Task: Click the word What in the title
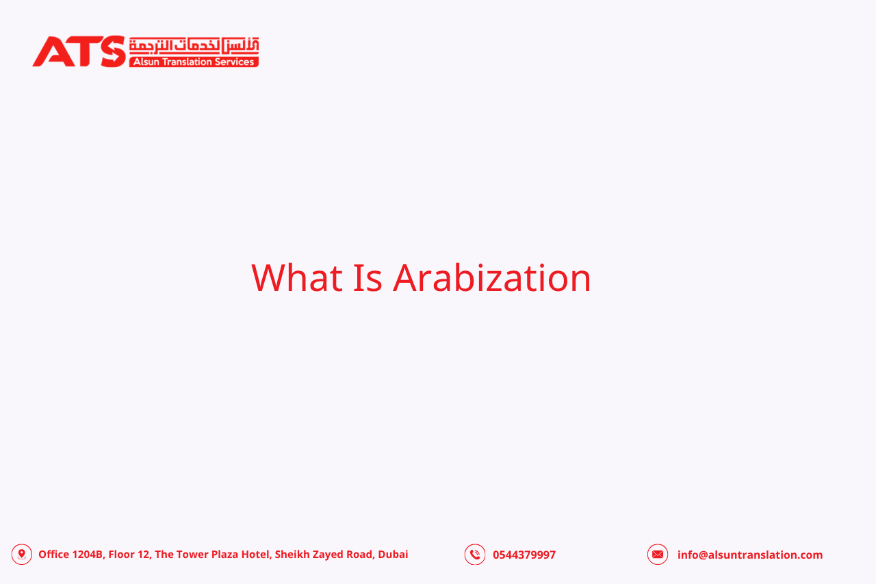point(296,278)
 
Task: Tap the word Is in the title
point(368,278)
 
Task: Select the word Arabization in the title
point(491,278)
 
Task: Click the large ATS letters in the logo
point(79,51)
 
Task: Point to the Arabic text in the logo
point(194,45)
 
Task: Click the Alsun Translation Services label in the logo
point(194,62)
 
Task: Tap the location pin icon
point(22,554)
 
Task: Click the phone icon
point(475,555)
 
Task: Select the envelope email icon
point(658,555)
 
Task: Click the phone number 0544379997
point(524,555)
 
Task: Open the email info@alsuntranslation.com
point(750,555)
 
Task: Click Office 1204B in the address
point(70,555)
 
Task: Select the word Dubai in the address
point(393,555)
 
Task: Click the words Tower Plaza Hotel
point(222,555)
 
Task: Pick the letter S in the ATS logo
point(112,51)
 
